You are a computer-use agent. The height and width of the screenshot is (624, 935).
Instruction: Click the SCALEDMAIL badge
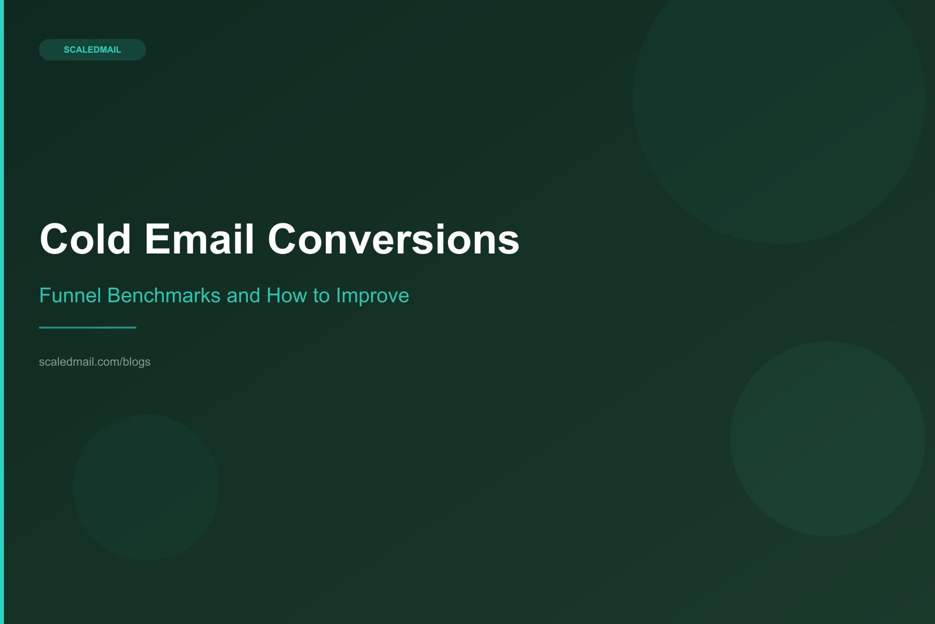click(92, 50)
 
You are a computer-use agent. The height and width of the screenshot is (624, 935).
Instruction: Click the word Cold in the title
click(85, 239)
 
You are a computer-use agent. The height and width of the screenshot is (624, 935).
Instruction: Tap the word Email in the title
click(199, 239)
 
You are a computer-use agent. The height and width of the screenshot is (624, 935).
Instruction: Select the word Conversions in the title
click(393, 239)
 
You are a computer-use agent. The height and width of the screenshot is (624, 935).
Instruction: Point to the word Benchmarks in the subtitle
click(164, 295)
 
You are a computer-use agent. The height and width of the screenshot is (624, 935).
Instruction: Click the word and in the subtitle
click(243, 295)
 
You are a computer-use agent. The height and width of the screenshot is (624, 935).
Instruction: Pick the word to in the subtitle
click(321, 295)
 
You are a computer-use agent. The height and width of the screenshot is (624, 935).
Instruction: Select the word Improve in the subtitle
click(373, 295)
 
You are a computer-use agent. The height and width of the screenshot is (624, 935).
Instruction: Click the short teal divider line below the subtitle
click(88, 328)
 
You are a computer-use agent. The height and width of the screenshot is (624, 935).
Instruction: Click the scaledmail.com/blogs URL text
click(94, 362)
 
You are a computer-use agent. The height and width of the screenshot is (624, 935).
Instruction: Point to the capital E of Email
click(155, 239)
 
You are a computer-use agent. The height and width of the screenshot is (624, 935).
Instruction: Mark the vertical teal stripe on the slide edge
click(1, 312)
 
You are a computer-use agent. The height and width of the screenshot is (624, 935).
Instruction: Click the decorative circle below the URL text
click(146, 487)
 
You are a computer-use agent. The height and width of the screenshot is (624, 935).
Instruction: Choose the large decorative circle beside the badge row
click(779, 97)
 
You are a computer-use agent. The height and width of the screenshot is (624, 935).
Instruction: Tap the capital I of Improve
click(338, 295)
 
